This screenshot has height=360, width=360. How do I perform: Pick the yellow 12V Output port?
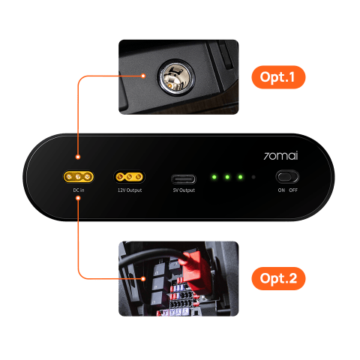click(x=129, y=178)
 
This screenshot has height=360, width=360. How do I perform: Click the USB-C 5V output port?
click(x=183, y=178)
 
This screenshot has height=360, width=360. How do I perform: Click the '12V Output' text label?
click(x=129, y=190)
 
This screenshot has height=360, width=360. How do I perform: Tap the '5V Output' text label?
click(x=183, y=190)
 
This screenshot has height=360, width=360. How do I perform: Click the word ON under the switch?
click(x=281, y=190)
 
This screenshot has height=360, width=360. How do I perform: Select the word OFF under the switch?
click(x=293, y=190)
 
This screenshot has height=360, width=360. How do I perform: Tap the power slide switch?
click(x=287, y=178)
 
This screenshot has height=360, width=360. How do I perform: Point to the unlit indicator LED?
click(x=254, y=178)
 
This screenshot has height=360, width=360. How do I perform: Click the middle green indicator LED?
click(x=227, y=178)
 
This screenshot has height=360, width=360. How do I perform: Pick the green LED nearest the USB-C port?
click(x=214, y=178)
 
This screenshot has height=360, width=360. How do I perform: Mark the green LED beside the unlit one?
click(x=241, y=178)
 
